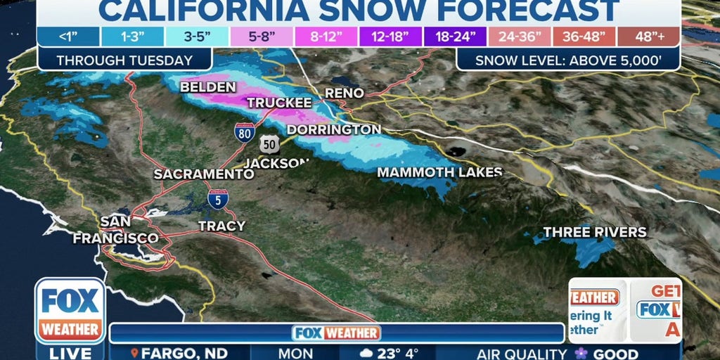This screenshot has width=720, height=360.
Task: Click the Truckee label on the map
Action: (279, 103)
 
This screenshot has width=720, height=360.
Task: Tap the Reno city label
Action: (344, 93)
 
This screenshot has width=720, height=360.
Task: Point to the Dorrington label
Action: (334, 129)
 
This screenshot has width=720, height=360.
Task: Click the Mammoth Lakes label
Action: (439, 172)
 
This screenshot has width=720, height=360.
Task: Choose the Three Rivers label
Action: (595, 232)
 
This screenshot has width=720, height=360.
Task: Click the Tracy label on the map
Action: (221, 226)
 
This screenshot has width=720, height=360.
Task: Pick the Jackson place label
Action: (276, 163)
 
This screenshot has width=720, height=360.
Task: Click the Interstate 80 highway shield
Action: (245, 132)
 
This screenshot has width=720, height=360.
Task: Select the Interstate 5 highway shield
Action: (217, 200)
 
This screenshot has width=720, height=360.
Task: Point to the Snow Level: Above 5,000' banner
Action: (567, 60)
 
